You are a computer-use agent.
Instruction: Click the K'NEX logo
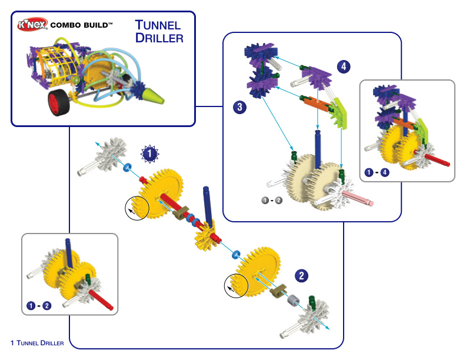coord(32,24)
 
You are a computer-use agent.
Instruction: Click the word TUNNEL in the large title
coord(158,25)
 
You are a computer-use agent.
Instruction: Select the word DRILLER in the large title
coord(159,38)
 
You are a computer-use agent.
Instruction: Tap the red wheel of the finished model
coord(59,102)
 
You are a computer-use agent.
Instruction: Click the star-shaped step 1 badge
coord(150,154)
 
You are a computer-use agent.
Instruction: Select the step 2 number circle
coord(301,276)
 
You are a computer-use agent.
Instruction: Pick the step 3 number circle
coord(240,107)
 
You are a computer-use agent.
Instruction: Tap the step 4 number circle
coord(344,66)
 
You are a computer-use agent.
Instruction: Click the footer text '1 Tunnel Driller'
coord(37,343)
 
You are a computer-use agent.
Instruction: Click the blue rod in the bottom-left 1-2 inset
coord(69,253)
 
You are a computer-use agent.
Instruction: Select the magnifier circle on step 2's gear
coord(236,285)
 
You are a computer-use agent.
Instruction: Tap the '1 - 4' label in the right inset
coord(377,172)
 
